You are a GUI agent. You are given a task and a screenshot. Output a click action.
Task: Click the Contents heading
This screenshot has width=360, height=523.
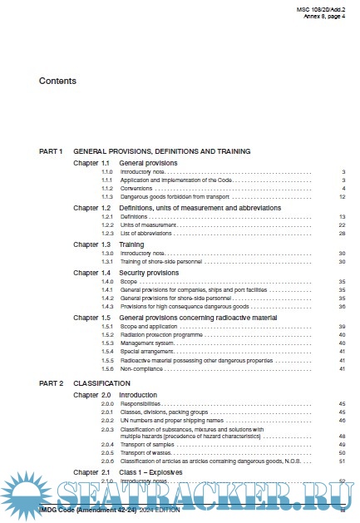tap(57, 81)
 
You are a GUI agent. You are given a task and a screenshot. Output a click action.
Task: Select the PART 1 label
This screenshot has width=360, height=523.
tap(51, 151)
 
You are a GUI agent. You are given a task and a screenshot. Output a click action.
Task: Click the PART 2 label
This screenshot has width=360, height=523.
tap(51, 384)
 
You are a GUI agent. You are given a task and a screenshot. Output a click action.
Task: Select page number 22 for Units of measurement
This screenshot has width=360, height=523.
tap(342, 225)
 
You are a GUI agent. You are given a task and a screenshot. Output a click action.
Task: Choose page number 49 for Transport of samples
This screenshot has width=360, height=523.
tap(342, 445)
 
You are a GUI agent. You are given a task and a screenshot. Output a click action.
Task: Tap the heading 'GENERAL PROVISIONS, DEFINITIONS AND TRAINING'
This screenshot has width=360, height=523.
tap(162, 151)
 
